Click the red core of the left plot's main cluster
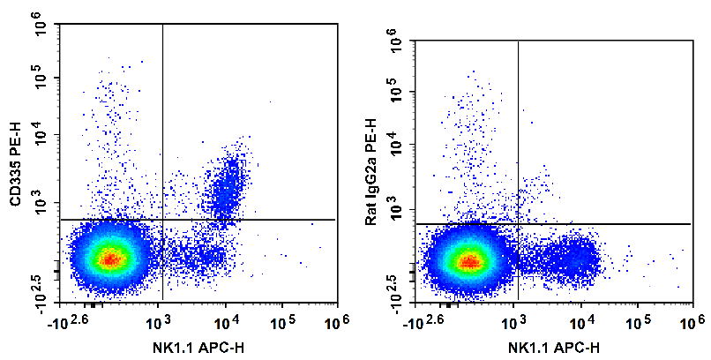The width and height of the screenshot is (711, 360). click(x=109, y=259)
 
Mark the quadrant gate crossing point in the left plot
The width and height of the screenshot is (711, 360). click(x=163, y=219)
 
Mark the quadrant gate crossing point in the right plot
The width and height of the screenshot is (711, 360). click(x=518, y=224)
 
